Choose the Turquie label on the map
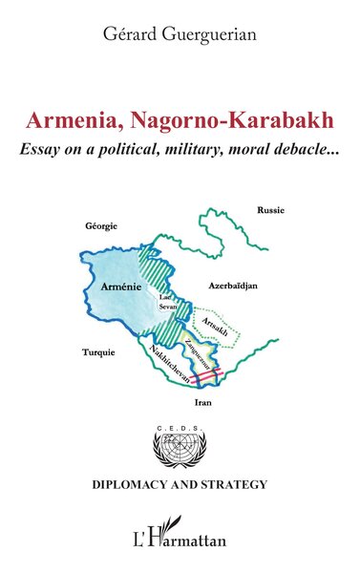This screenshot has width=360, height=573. (x=97, y=351)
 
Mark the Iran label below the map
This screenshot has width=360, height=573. (x=202, y=404)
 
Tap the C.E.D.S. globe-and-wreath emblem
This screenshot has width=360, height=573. (x=179, y=448)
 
